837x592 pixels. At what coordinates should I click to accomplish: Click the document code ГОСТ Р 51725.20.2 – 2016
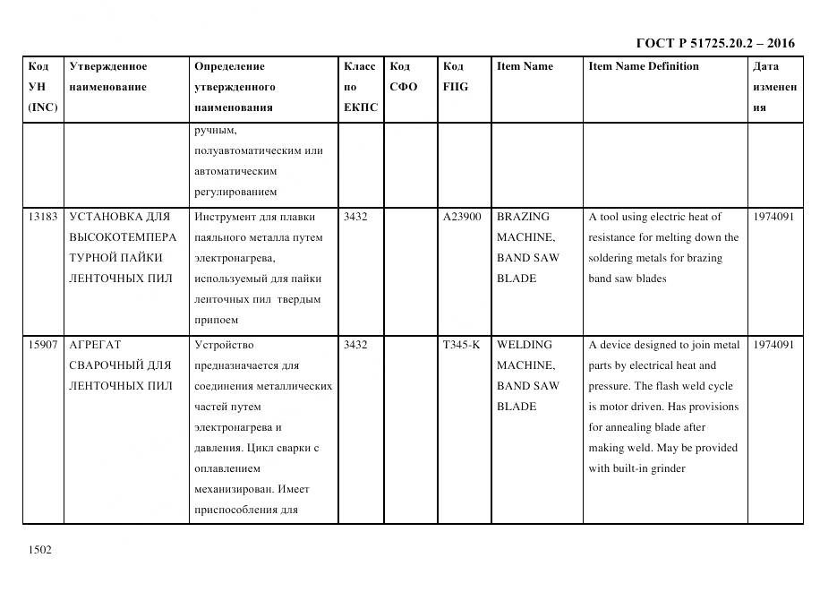point(714,43)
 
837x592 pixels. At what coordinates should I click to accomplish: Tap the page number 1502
point(39,550)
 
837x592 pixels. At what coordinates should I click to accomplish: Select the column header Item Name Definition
point(643,66)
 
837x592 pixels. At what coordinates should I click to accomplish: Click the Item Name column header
point(525,66)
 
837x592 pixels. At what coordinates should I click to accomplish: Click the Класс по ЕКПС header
point(360,87)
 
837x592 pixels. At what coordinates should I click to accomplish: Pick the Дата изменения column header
point(774,87)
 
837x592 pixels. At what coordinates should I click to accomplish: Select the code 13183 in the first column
point(42,217)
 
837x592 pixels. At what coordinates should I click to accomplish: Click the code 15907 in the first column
point(42,345)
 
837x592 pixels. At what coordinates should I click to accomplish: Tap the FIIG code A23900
point(461,217)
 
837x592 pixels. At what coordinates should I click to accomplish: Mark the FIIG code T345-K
point(461,345)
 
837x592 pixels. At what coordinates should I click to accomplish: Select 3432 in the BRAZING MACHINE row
point(355,217)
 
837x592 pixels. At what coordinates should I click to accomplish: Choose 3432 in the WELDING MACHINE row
point(355,345)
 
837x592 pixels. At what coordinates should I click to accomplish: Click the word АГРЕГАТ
point(94,345)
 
